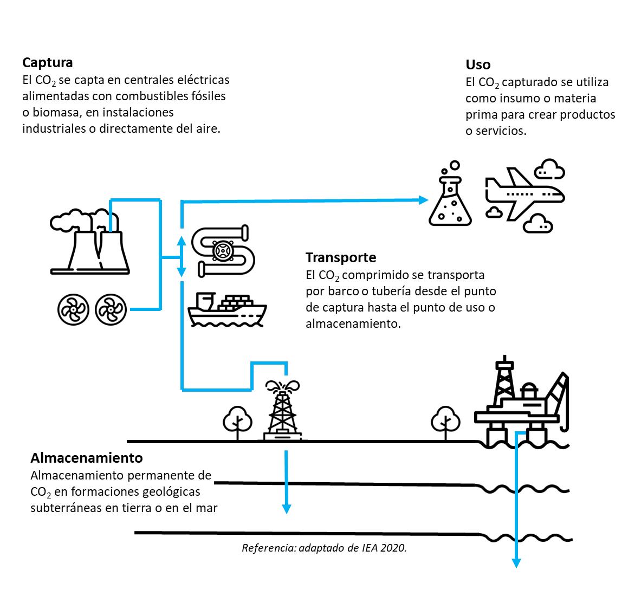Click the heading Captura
48,63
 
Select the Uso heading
478,65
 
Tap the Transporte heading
341,257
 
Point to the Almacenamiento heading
87,458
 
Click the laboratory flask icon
450,198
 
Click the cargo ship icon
227,310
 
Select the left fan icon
73,309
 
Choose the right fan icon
111,309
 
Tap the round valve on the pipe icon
221,251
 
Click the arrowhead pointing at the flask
424,199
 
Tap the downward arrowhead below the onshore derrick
287,509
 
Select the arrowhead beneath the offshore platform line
516,563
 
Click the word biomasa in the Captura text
56,113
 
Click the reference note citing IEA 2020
324,548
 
